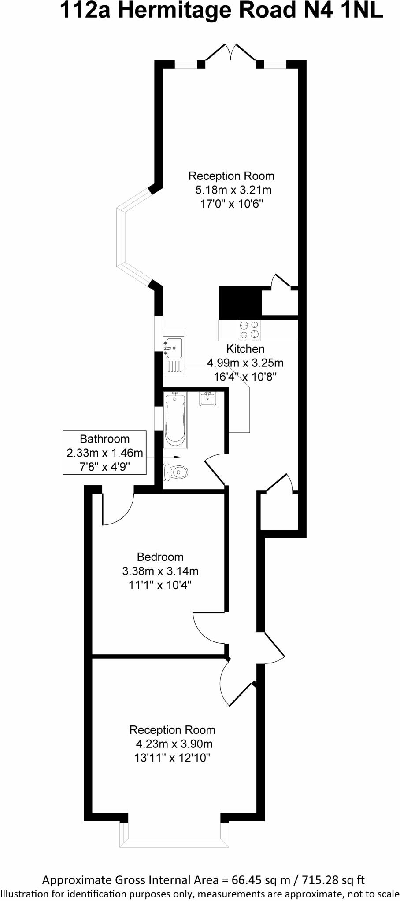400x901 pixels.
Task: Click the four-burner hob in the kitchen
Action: point(249,330)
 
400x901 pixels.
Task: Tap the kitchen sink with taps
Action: point(173,348)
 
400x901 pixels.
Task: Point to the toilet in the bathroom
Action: point(176,472)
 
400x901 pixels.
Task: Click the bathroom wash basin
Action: point(207,399)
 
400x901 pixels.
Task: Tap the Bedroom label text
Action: point(160,557)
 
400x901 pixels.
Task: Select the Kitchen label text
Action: point(245,349)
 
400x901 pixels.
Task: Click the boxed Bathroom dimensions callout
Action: point(104,452)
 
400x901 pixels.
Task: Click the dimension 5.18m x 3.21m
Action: point(233,190)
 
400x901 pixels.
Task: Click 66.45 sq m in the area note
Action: point(261,879)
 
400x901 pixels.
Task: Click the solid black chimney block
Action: point(240,302)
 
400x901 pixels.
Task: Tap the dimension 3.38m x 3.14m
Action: point(160,571)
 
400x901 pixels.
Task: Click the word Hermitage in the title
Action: point(178,11)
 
